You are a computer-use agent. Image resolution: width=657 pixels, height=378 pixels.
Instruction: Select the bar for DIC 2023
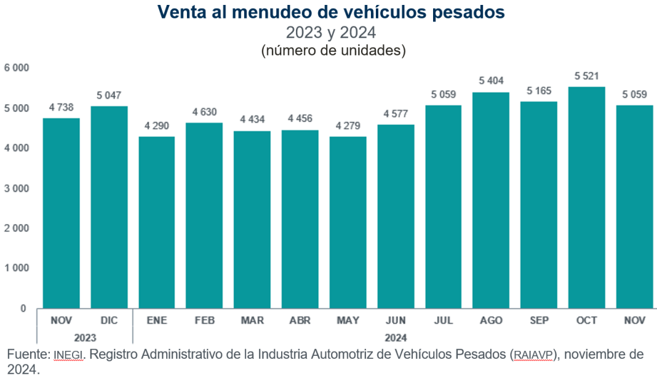tap(109, 207)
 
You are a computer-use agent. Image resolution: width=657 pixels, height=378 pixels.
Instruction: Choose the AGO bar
tap(491, 200)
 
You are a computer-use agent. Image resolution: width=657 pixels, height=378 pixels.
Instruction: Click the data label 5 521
tap(586, 76)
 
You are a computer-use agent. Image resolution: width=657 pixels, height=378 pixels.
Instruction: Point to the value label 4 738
tap(61, 107)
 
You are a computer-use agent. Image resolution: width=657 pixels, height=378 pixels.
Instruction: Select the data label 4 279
tap(348, 126)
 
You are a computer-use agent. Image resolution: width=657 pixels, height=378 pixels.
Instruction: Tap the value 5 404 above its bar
tap(491, 81)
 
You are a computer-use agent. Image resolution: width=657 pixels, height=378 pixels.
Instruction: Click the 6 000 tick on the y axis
tap(17, 68)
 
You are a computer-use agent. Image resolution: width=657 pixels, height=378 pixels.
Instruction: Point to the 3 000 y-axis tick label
tap(17, 188)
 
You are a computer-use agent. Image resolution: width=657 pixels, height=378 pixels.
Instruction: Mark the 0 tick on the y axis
tap(23, 308)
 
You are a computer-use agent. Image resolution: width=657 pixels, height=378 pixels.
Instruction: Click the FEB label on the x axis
tap(204, 321)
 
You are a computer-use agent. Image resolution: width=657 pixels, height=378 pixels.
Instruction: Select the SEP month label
tap(539, 321)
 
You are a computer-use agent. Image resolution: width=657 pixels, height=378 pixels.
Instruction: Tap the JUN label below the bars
tap(396, 321)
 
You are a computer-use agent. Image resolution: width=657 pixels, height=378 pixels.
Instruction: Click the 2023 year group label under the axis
tap(85, 337)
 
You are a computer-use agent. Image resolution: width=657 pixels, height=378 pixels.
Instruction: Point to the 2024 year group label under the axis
tap(396, 337)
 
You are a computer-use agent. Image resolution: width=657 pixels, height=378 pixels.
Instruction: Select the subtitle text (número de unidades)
tap(333, 50)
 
